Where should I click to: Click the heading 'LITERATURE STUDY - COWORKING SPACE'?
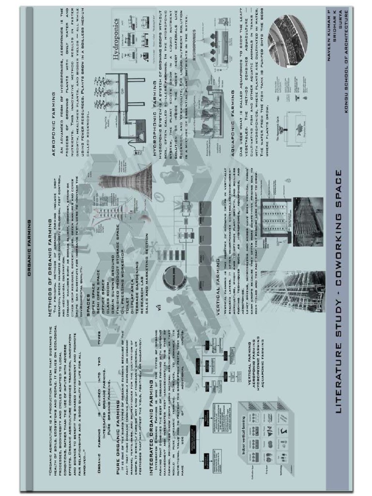339,291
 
